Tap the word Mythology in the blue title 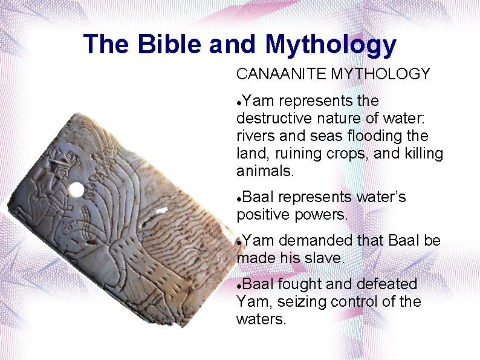pyautogui.click(x=330, y=45)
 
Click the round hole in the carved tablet pyautogui.click(x=76, y=191)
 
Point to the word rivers pyautogui.click(x=255, y=136)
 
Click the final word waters pyautogui.click(x=260, y=319)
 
